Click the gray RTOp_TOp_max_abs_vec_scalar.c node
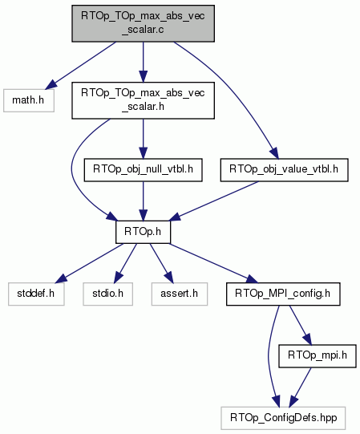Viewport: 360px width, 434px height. click(143, 23)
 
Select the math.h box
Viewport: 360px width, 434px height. click(29, 100)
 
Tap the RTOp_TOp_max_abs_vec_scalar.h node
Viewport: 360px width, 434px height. click(143, 100)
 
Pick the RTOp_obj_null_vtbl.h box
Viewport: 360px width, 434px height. click(143, 170)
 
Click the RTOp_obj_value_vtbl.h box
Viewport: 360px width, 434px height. click(284, 170)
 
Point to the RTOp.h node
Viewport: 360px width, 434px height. click(143, 232)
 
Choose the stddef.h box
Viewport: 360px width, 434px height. click(36, 294)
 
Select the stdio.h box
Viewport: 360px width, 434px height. click(108, 294)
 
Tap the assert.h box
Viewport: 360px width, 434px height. click(180, 294)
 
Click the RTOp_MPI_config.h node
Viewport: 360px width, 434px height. click(283, 294)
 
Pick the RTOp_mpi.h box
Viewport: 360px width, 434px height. click(318, 356)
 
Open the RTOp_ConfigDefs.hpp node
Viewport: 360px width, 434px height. click(283, 418)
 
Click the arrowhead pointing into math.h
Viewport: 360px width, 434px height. click(51, 85)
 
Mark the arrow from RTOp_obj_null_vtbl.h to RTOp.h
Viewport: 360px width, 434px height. click(143, 201)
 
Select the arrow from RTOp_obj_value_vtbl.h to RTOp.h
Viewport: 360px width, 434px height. click(213, 201)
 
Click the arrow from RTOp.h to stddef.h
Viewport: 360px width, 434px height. click(89, 263)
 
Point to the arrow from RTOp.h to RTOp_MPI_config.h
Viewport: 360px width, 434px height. click(213, 263)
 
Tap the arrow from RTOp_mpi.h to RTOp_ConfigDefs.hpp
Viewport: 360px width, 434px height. click(300, 387)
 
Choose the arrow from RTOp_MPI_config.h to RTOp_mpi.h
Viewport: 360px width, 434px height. click(301, 325)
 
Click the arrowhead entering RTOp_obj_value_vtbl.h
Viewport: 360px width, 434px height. click(274, 153)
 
